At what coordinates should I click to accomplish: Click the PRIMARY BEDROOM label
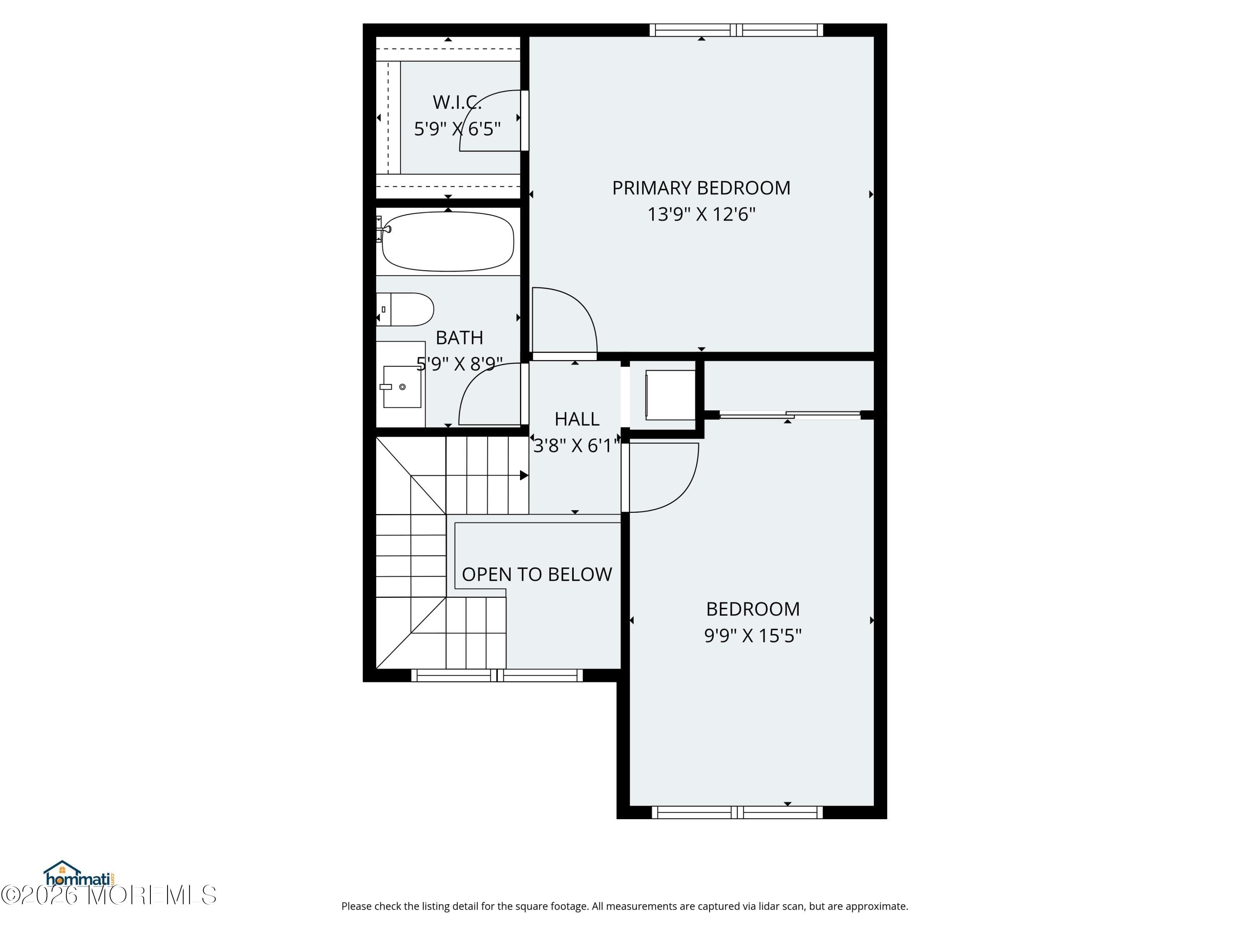click(x=701, y=188)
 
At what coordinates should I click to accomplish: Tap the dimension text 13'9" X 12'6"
click(x=701, y=214)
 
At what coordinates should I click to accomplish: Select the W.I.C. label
click(x=457, y=102)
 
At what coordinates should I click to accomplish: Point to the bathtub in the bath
click(x=447, y=241)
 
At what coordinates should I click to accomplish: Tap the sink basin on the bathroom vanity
click(x=402, y=387)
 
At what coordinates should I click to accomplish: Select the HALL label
click(x=576, y=419)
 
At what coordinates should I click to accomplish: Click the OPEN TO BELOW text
click(x=536, y=574)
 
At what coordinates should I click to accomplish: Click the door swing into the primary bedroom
click(x=565, y=319)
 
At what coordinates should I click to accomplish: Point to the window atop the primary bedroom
click(x=736, y=30)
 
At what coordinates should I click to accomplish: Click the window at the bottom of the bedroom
click(x=737, y=813)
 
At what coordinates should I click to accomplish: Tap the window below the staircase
click(x=497, y=675)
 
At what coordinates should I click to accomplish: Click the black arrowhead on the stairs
click(x=524, y=476)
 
